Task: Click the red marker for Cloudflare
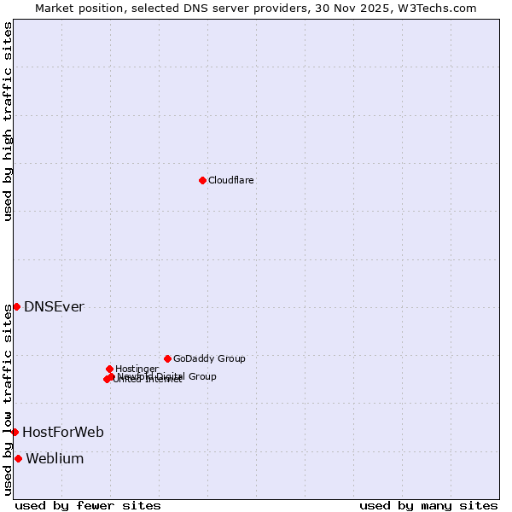click(202, 180)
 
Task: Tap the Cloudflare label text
click(231, 180)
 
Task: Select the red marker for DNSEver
click(16, 306)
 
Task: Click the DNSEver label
click(54, 307)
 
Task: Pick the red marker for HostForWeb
click(15, 432)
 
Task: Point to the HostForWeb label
click(63, 433)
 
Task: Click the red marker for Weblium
click(18, 458)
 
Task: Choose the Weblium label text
click(55, 459)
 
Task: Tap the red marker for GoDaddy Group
click(167, 358)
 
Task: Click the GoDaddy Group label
click(209, 358)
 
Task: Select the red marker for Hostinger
click(109, 369)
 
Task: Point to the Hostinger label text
click(137, 369)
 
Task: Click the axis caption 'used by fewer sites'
click(88, 505)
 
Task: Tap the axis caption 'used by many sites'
click(428, 505)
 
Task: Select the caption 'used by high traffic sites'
click(8, 121)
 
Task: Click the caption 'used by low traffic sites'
click(8, 399)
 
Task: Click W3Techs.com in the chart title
click(441, 8)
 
